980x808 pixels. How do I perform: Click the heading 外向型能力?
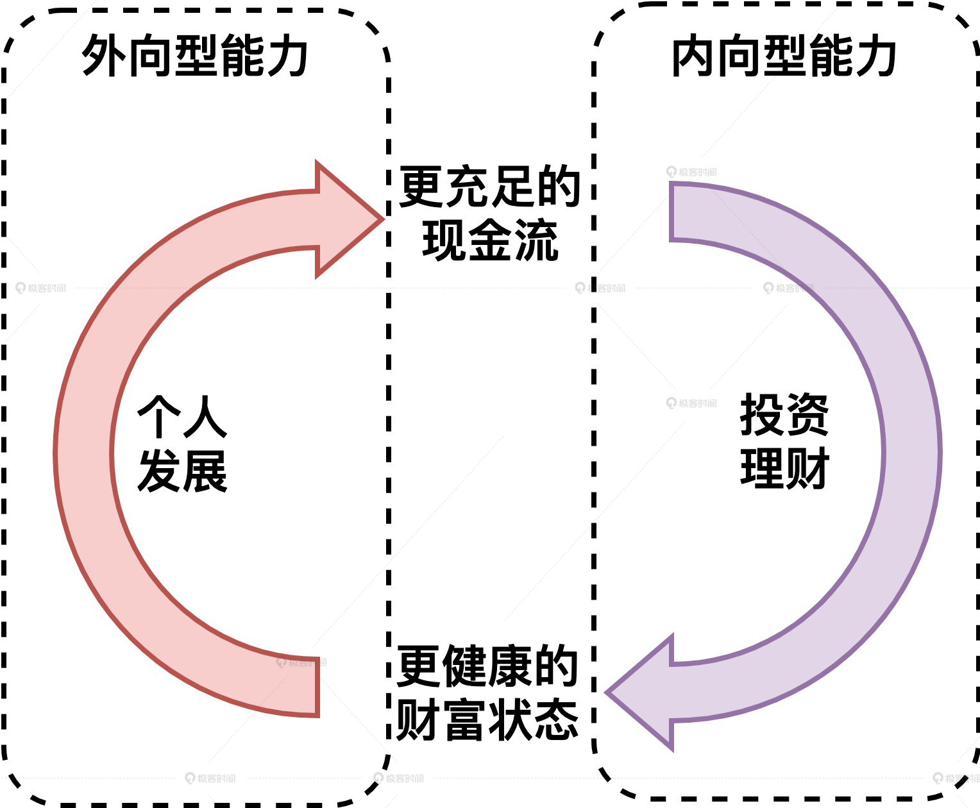195,56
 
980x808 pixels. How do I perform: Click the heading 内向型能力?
784,56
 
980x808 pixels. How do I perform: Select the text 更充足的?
490,187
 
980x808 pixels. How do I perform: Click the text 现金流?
490,241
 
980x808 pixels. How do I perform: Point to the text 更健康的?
487,666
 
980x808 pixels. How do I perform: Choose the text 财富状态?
487,720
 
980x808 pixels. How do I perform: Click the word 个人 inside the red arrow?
182,417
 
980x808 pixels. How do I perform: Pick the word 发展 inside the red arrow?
182,471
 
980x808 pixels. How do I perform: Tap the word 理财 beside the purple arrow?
784,468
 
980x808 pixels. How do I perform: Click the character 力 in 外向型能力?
286,56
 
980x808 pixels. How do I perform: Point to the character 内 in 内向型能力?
693,56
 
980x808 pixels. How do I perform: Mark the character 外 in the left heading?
104,56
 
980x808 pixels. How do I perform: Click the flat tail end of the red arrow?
317,687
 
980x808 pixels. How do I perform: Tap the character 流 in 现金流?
536,241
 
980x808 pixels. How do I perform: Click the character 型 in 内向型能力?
784,56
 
